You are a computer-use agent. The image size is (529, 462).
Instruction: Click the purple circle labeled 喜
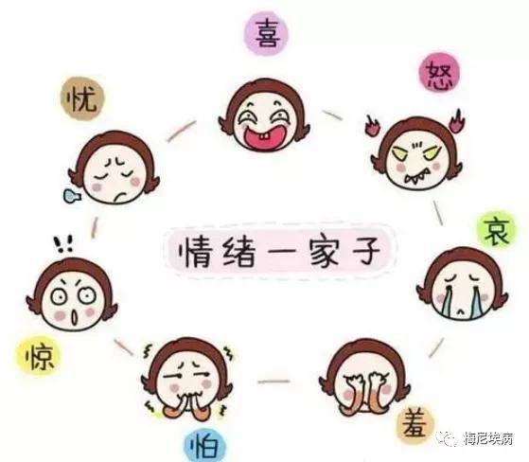[267, 33]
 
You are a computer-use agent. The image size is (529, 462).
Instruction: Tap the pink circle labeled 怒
[440, 73]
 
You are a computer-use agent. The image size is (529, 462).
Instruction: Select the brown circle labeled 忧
[82, 98]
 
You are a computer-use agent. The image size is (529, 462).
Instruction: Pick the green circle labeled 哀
[496, 231]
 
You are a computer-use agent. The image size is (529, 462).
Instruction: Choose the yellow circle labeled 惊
[38, 354]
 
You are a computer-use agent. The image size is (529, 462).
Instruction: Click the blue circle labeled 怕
[204, 445]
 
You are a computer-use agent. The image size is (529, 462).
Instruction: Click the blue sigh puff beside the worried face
[72, 196]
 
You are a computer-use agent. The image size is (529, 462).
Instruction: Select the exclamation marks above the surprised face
[63, 243]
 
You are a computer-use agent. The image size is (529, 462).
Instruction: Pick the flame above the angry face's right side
[458, 120]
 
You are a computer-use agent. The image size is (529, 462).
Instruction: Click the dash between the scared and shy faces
[273, 382]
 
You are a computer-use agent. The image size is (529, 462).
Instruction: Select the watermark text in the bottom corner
[488, 438]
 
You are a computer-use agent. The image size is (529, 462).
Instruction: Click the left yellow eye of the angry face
[399, 154]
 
